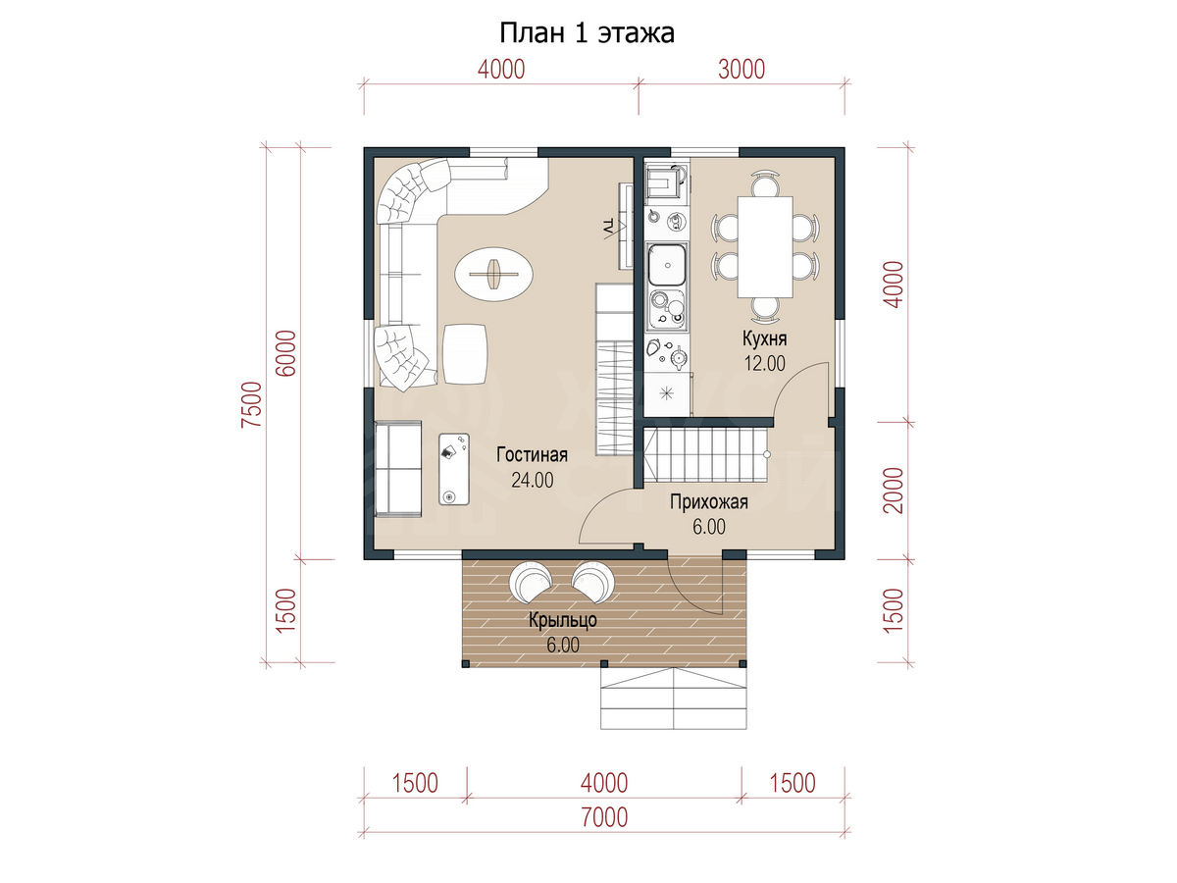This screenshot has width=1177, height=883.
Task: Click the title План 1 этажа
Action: [x=587, y=33]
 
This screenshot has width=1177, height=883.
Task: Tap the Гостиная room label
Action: [x=532, y=454]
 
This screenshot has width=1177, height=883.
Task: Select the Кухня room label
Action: [x=764, y=338]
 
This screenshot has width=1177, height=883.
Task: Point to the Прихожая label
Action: [x=708, y=502]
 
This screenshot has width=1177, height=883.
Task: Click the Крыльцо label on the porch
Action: [x=562, y=620]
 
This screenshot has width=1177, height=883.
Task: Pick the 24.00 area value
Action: [x=532, y=481]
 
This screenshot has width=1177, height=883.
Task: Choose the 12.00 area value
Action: [x=765, y=363]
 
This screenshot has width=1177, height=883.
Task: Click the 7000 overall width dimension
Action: [x=604, y=817]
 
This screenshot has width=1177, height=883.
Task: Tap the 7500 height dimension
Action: [x=251, y=404]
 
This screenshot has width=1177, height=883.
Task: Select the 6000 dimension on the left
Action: [x=285, y=353]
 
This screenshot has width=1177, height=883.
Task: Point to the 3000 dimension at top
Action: [x=742, y=70]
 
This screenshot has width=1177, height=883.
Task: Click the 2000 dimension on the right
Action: [x=894, y=490]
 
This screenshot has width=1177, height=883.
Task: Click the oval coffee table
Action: [x=493, y=275]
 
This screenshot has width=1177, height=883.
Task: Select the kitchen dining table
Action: [x=765, y=246]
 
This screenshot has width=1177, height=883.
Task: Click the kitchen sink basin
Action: [x=667, y=265]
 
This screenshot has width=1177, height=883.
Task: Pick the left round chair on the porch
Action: [x=531, y=583]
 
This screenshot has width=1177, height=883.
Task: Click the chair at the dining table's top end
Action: [x=765, y=183]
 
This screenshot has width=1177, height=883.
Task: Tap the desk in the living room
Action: [x=454, y=469]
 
